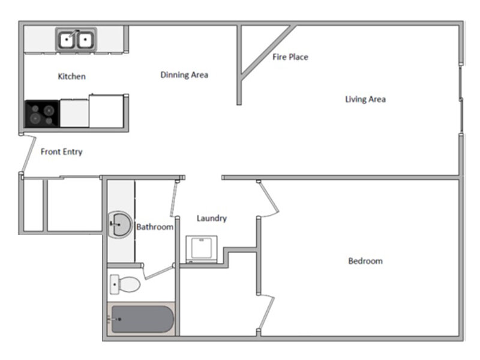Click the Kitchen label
(71, 77)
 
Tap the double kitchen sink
(76, 40)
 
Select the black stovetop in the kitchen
(42, 114)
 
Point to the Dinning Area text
(184, 75)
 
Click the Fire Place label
(290, 57)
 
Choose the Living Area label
(365, 99)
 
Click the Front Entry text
(61, 152)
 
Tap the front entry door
(25, 155)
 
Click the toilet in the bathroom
(125, 283)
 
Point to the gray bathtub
(142, 319)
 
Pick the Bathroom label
(154, 227)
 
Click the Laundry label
(212, 218)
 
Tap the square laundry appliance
(200, 248)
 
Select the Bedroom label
(365, 261)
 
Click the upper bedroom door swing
(269, 198)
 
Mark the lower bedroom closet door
(266, 312)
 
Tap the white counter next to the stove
(74, 113)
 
